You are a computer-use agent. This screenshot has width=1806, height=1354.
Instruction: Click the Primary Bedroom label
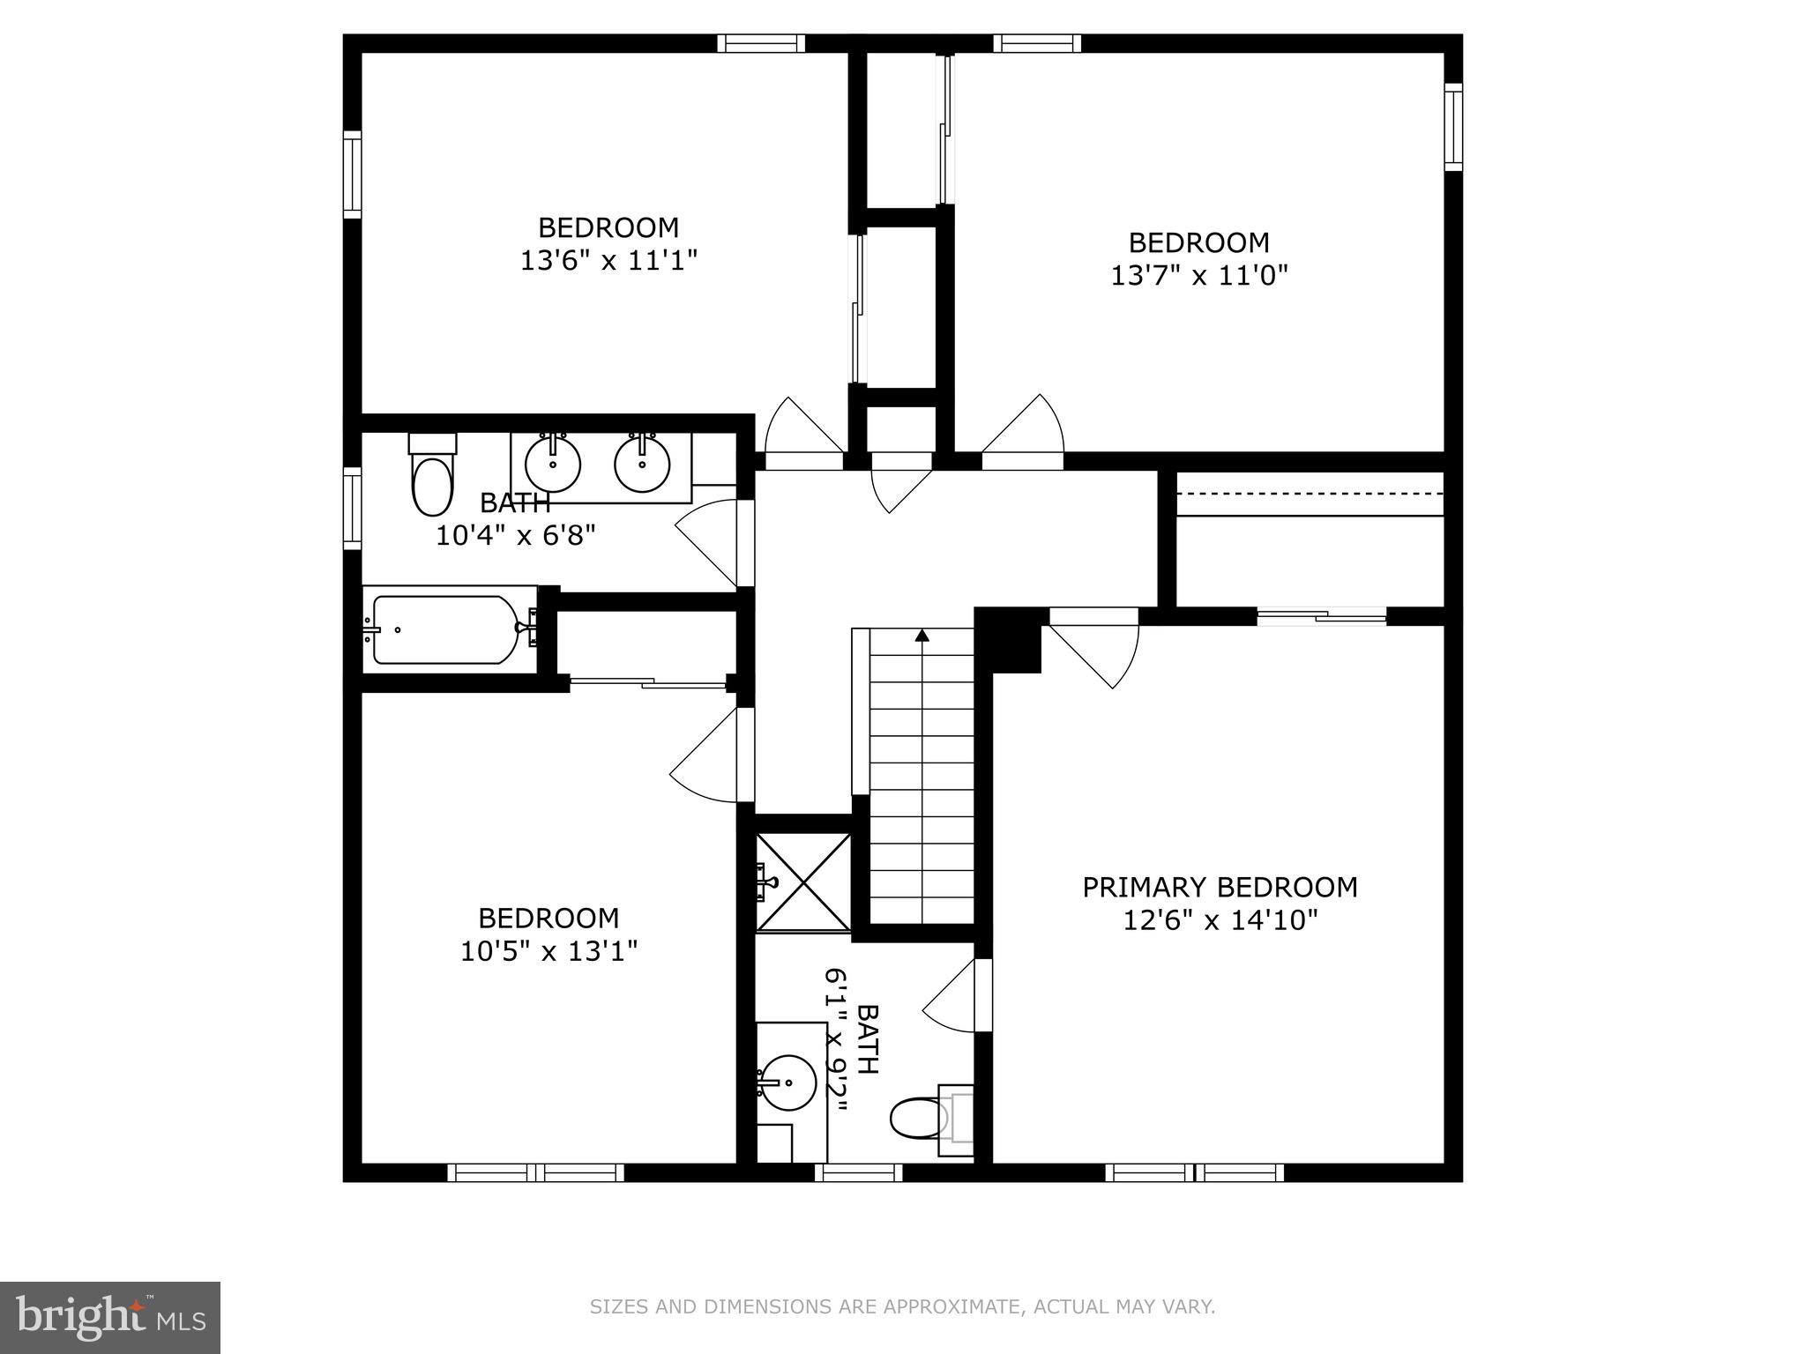(x=1220, y=888)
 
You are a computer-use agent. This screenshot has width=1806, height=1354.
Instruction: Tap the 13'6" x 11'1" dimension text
(x=608, y=261)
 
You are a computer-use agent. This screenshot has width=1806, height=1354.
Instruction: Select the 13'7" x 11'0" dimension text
(x=1199, y=276)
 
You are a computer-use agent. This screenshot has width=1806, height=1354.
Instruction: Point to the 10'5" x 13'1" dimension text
(x=549, y=951)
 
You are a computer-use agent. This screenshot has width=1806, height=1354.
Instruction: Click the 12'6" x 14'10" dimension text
(x=1220, y=920)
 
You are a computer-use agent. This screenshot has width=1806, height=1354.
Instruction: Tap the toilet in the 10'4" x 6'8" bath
(x=432, y=476)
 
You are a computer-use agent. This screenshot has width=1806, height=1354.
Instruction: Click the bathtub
(x=445, y=629)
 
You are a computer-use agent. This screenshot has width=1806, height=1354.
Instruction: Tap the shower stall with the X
(x=803, y=881)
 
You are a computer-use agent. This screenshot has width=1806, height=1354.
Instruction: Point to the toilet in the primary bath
(x=931, y=1118)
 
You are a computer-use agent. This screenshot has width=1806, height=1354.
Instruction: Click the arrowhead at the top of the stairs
(x=922, y=635)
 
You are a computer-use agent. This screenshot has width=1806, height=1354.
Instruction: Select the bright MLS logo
(x=110, y=1318)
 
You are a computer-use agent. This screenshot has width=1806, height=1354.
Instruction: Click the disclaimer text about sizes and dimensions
(x=902, y=1306)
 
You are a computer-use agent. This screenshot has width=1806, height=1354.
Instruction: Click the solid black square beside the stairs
(x=1009, y=641)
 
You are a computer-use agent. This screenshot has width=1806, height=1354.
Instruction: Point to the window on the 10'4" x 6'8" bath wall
(x=352, y=509)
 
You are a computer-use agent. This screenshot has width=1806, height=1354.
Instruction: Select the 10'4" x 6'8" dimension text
(x=516, y=535)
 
